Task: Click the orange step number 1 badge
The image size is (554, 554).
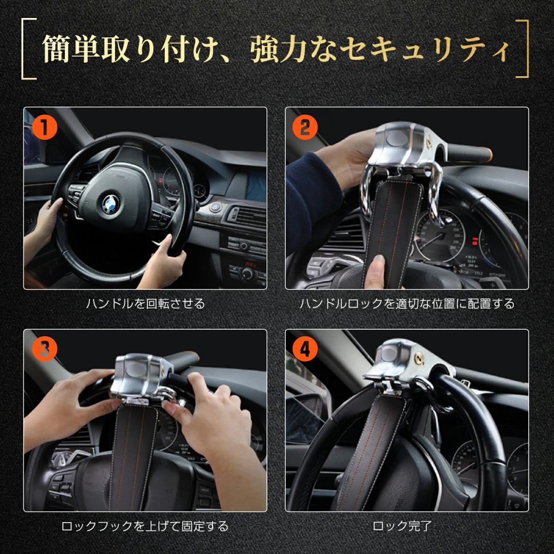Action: (x=44, y=127)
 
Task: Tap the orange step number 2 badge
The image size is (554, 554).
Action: (x=305, y=127)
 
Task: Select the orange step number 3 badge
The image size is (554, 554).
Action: (x=44, y=349)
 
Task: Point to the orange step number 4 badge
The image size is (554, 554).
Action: (x=305, y=349)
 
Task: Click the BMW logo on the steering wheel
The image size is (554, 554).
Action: (x=111, y=204)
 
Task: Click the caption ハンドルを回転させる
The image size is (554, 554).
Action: (x=145, y=304)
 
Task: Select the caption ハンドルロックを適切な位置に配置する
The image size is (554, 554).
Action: (x=407, y=304)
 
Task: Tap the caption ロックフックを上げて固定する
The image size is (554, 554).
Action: (x=145, y=526)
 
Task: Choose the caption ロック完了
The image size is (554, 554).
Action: (x=402, y=526)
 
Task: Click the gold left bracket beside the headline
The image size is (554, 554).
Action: (x=29, y=48)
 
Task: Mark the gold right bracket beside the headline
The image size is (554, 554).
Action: (x=522, y=48)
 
